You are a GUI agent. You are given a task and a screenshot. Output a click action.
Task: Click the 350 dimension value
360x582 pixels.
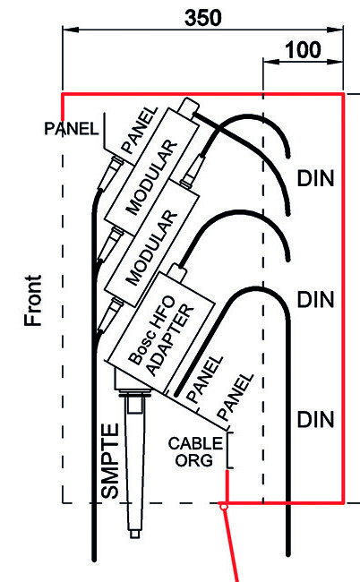tap(203, 18)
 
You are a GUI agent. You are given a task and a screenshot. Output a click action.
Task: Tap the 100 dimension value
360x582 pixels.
tap(303, 50)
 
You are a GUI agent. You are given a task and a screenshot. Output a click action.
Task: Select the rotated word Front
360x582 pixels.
tap(33, 301)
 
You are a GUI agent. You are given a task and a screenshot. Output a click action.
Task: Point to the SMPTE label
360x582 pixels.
tap(110, 461)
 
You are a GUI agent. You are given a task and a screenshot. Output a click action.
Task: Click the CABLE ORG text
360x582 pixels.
tap(195, 452)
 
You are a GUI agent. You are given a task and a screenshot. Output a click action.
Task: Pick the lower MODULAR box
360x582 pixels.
tap(151, 244)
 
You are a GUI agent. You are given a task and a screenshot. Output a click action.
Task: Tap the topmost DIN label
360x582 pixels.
tap(316, 178)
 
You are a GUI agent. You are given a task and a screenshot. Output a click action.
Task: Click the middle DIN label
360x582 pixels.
tap(316, 299)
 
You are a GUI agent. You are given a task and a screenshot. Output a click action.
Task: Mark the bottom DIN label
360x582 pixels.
tap(316, 420)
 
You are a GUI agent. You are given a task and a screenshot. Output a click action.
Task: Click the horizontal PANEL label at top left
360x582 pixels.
tap(72, 129)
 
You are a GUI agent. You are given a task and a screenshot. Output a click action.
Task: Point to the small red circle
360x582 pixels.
tap(223, 506)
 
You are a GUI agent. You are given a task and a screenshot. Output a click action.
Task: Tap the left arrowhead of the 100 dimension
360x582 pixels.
tap(271, 61)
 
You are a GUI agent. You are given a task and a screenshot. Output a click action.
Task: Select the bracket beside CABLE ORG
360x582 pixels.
tap(230, 449)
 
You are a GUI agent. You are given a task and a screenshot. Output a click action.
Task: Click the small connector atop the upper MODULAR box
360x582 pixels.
tap(188, 107)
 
